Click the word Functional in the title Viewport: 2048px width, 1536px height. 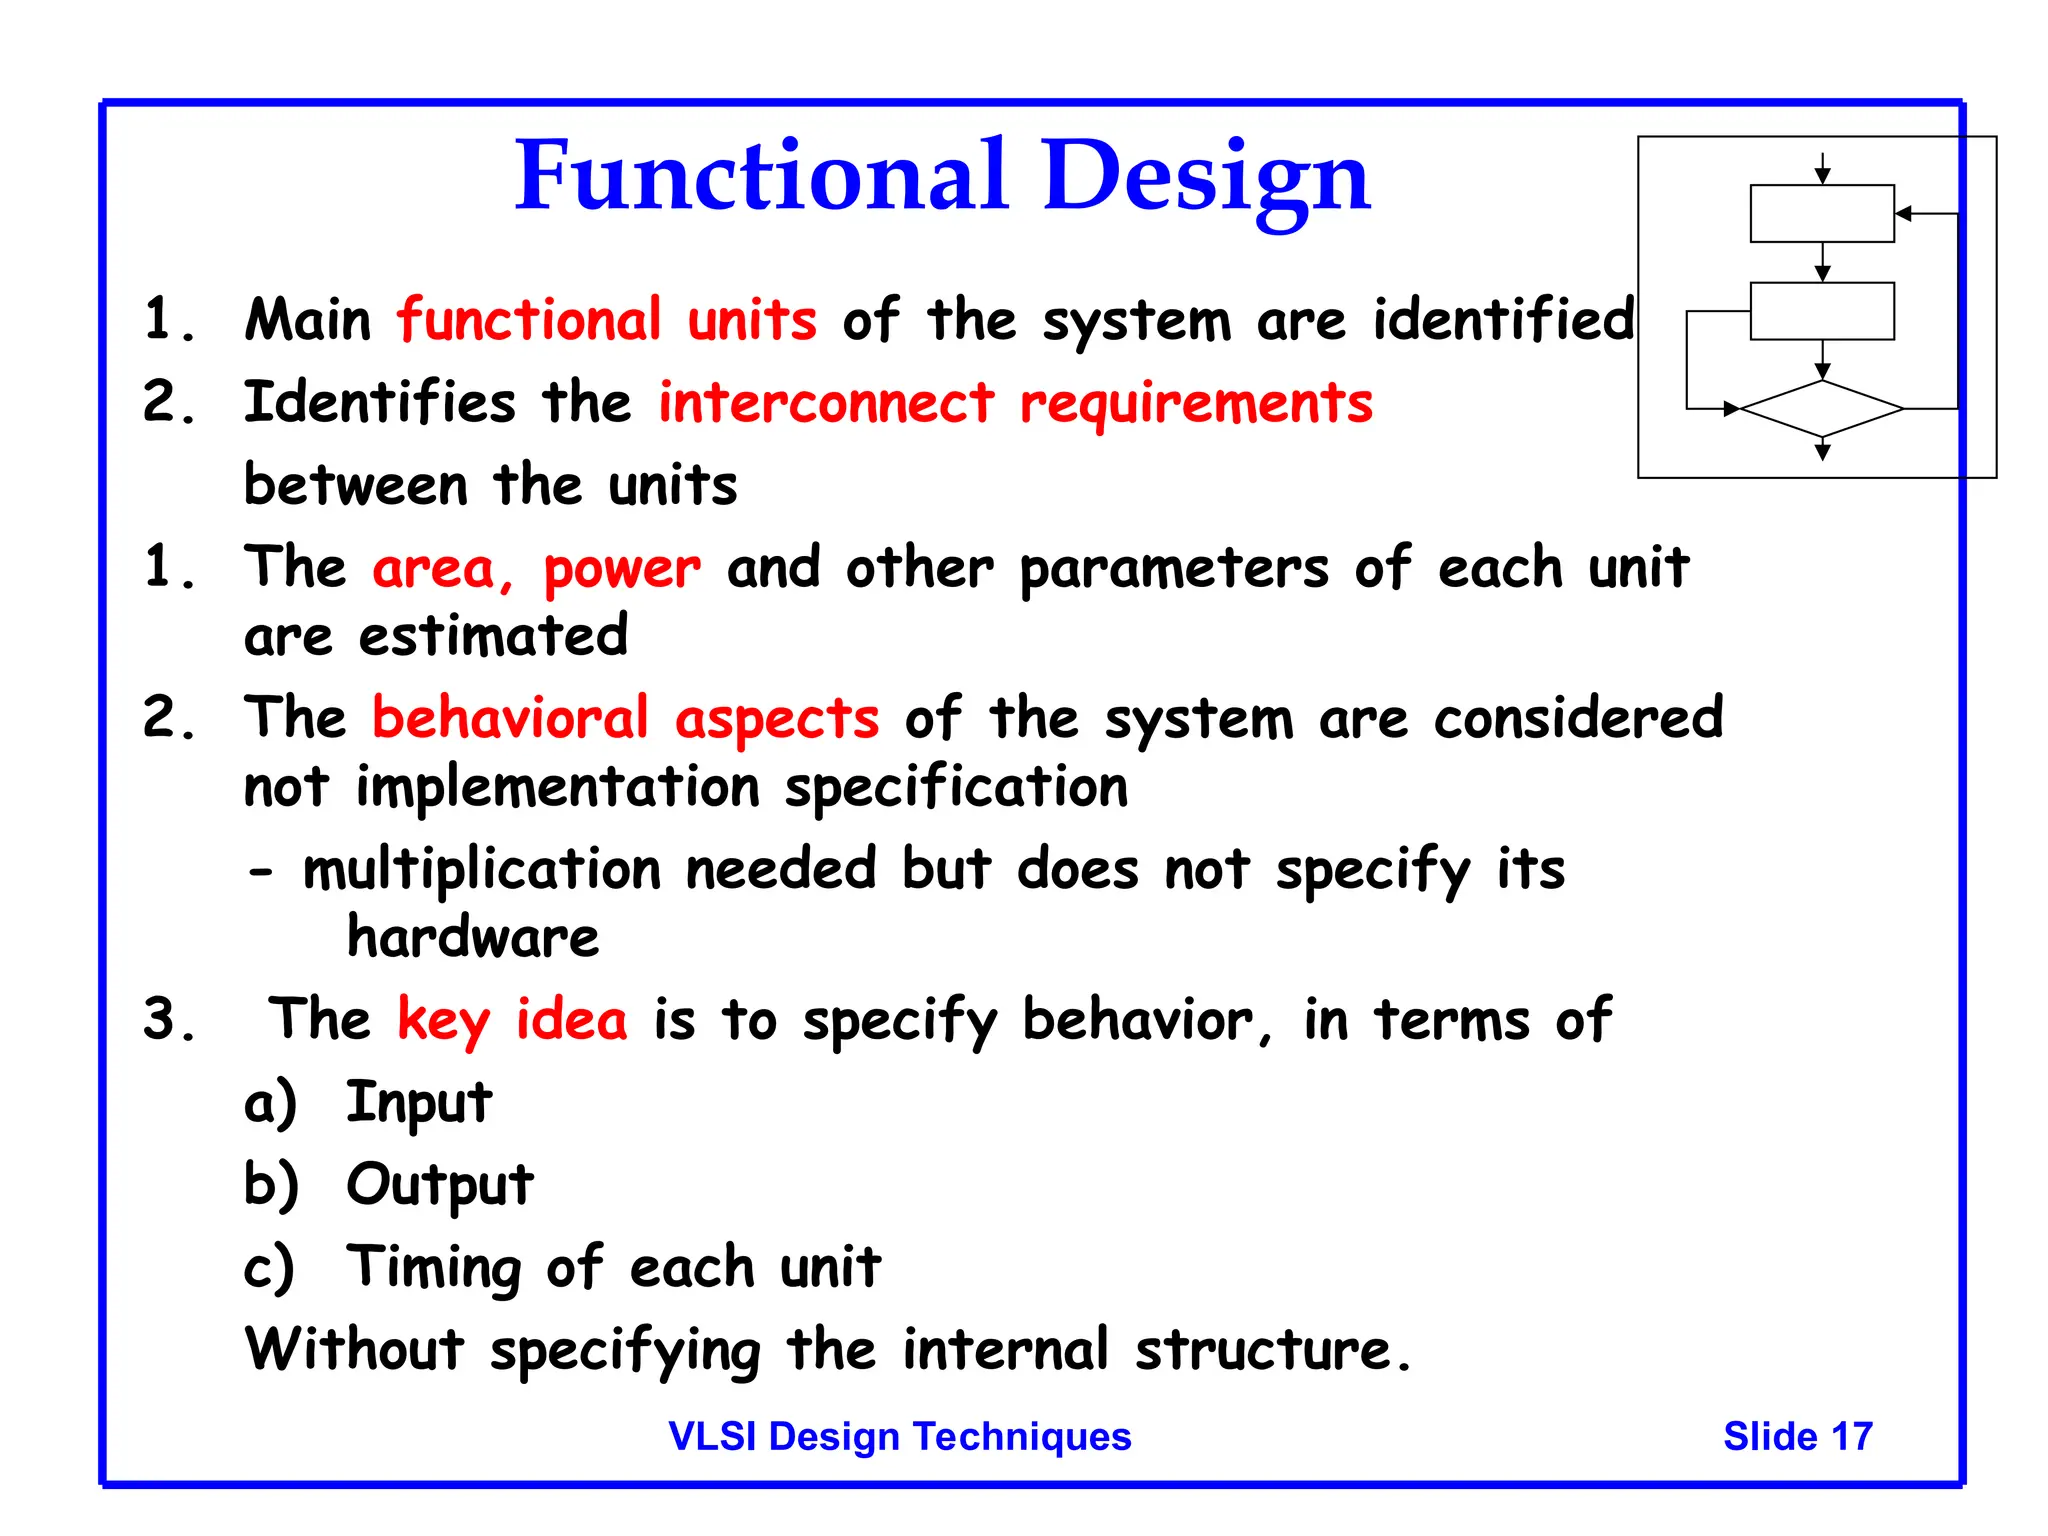[x=760, y=177]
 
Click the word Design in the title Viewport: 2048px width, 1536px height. [x=1205, y=177]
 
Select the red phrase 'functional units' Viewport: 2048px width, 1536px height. [x=606, y=321]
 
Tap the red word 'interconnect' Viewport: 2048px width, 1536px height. [x=826, y=403]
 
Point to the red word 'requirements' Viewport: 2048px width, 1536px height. [x=1196, y=405]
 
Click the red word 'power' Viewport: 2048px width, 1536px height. [x=622, y=569]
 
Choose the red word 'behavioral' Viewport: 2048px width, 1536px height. [x=510, y=718]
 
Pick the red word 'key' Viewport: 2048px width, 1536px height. [x=443, y=1021]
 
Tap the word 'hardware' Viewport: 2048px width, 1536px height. [x=472, y=938]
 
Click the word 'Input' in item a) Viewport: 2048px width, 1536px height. [x=418, y=1103]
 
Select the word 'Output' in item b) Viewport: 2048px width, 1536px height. [x=439, y=1185]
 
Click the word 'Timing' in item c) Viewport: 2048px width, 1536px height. [x=432, y=1267]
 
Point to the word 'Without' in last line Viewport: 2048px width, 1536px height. [x=354, y=1349]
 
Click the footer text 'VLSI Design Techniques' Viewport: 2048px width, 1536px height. [x=899, y=1436]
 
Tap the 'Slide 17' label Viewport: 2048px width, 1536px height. [x=1797, y=1436]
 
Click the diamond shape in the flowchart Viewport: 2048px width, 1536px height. [x=1822, y=409]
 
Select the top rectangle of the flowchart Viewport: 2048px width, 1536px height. [x=1822, y=213]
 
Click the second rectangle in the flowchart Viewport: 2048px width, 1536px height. [x=1822, y=311]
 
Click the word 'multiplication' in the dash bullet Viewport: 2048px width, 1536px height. [x=482, y=870]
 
